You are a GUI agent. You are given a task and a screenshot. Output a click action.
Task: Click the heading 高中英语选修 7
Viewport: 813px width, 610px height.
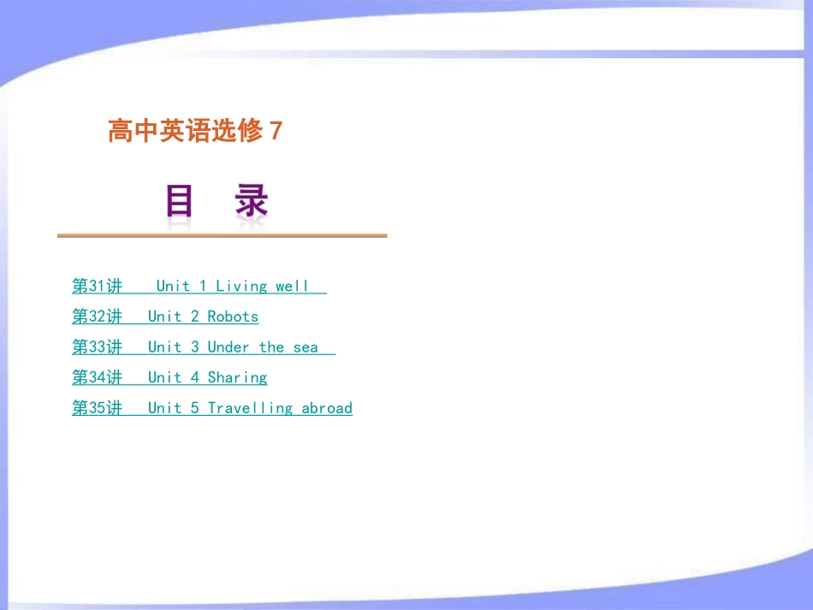coord(194,131)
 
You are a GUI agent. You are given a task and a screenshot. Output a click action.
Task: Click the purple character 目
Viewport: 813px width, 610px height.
coord(180,203)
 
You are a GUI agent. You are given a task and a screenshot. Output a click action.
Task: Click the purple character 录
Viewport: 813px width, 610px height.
coord(252,203)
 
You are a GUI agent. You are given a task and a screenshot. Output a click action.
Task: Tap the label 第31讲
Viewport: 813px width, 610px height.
coord(97,286)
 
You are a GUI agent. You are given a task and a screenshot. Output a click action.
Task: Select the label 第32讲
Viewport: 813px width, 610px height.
coord(97,317)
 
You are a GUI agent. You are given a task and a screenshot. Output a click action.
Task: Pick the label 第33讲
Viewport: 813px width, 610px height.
coord(97,347)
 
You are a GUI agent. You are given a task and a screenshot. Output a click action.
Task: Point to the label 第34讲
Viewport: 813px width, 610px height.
coord(97,377)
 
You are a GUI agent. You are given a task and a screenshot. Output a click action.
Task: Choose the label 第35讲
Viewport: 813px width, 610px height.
coord(97,408)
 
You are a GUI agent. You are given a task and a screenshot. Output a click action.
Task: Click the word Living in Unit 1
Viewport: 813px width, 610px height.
coord(241,286)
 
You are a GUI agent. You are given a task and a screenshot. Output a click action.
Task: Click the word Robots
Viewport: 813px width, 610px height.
coord(233,317)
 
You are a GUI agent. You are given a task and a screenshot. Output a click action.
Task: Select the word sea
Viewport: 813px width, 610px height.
coord(306,347)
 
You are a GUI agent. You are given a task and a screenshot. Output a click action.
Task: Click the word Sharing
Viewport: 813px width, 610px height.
coord(237,377)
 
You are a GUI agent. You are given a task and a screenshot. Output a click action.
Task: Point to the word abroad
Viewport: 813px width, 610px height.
coord(327,408)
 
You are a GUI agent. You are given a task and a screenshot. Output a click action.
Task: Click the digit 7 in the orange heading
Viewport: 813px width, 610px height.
coord(276,131)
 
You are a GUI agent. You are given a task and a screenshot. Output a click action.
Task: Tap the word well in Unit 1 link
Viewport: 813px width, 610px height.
coord(292,286)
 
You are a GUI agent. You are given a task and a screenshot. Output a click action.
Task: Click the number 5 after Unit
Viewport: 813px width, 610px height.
coord(195,408)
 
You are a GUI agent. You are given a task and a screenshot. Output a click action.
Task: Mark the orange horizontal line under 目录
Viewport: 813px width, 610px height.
coord(222,235)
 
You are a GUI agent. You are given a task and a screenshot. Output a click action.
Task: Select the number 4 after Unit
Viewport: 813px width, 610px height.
coord(195,377)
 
